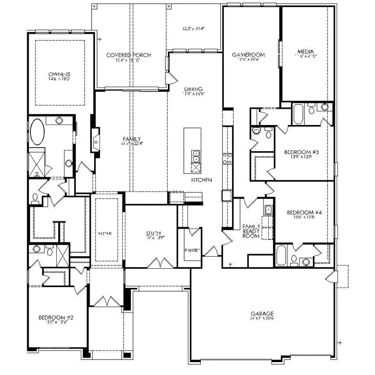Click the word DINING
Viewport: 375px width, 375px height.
pyautogui.click(x=194, y=89)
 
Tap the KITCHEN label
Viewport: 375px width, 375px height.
pyautogui.click(x=202, y=180)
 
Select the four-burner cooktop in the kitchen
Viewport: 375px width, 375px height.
pyautogui.click(x=227, y=158)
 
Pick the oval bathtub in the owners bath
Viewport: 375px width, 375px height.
pyautogui.click(x=38, y=132)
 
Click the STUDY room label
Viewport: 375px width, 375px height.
pyautogui.click(x=153, y=234)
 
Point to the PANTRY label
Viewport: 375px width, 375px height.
pyautogui.click(x=192, y=250)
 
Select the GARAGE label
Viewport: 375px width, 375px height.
pyautogui.click(x=262, y=313)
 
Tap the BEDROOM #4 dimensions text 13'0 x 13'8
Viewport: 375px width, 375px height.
pyautogui.click(x=303, y=217)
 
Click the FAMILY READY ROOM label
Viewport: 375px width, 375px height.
pyautogui.click(x=251, y=231)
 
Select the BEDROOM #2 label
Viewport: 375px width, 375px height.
pyautogui.click(x=56, y=318)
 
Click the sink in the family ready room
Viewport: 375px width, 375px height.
pyautogui.click(x=269, y=210)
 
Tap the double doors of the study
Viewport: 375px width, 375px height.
pyautogui.click(x=160, y=263)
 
